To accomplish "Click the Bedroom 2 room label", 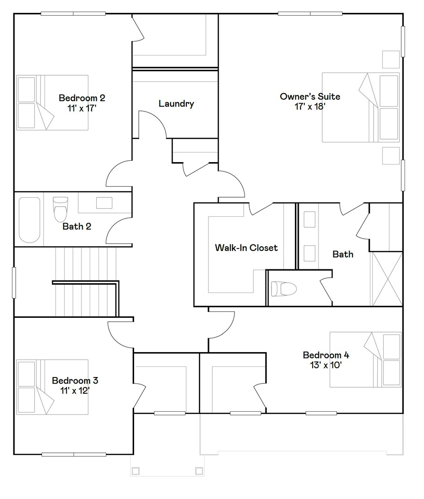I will click(82, 98).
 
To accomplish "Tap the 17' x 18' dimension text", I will click(310, 106).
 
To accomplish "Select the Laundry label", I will click(176, 103).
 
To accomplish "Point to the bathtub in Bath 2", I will click(30, 220).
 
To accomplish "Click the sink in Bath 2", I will click(104, 203).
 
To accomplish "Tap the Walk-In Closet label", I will click(246, 248).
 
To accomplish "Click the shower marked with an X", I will click(387, 279).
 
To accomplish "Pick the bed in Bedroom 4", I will click(365, 359).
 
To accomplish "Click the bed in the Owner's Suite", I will click(360, 107).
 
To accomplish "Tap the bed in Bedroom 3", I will click(52, 387).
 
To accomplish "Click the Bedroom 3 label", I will click(75, 381).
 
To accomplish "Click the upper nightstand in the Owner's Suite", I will click(391, 59).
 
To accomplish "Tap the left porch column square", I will click(135, 471).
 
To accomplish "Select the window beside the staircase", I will click(14, 282).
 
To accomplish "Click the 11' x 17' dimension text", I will click(82, 108).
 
